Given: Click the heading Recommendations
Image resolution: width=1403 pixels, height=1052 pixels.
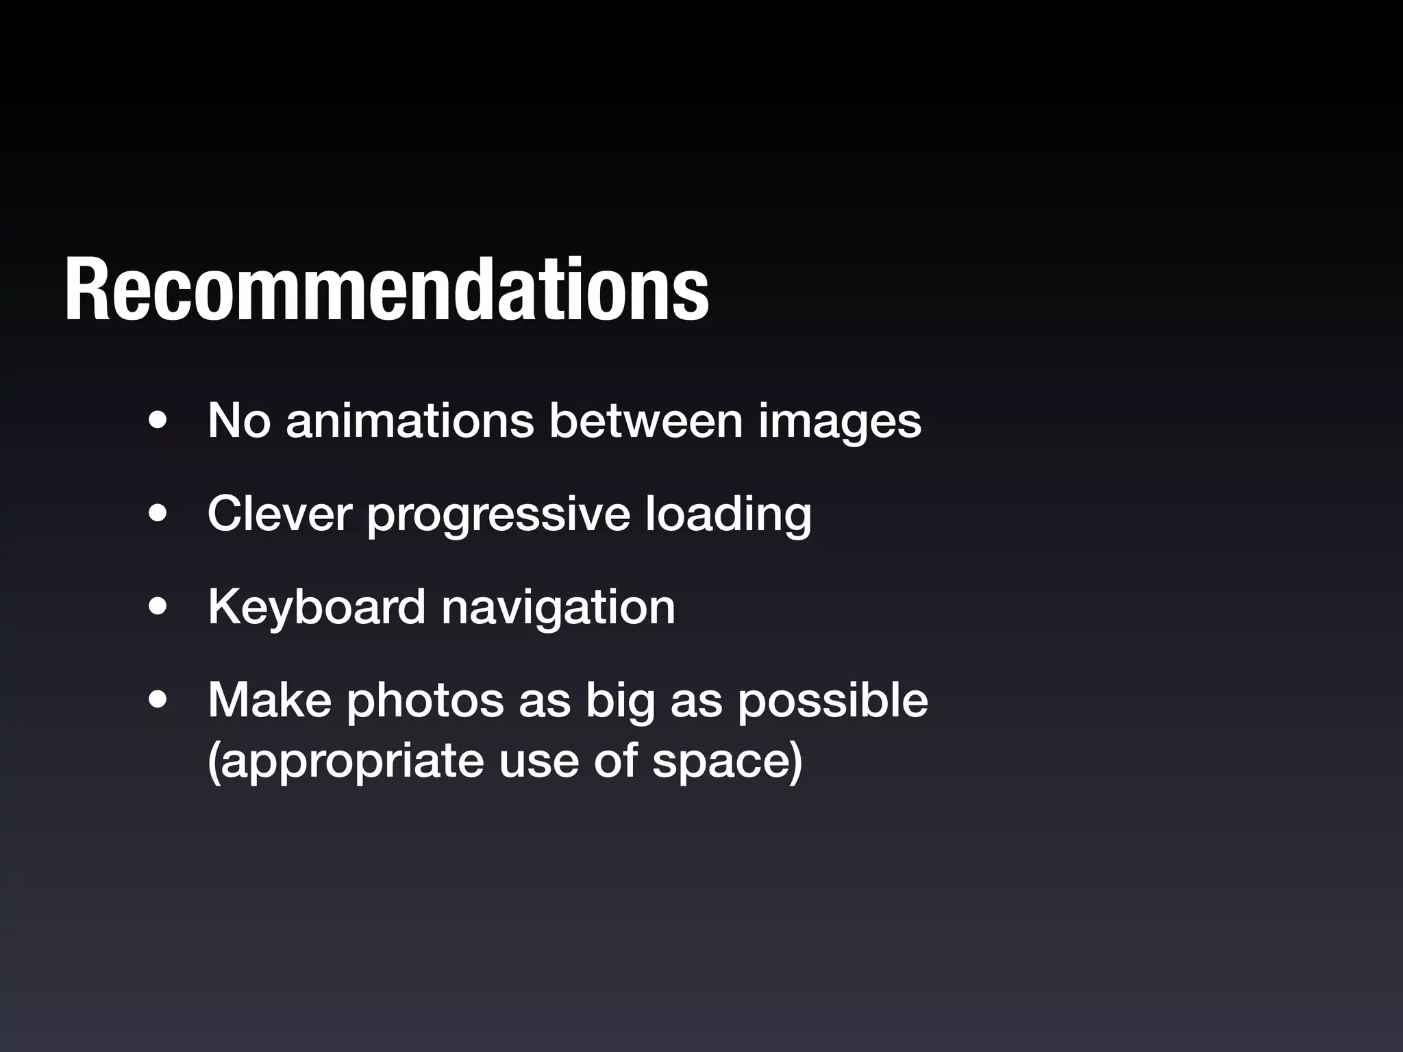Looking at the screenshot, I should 387,290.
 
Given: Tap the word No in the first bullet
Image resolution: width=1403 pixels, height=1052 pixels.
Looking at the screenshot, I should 239,420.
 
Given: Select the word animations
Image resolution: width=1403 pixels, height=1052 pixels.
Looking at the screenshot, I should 410,420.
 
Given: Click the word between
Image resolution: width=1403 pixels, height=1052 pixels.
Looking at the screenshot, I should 645,420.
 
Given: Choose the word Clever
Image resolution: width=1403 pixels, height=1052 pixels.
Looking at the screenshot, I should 280,513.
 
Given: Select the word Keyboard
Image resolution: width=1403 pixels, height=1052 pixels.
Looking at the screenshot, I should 316,607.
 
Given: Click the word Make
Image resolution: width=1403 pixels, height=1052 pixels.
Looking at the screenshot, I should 269,700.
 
